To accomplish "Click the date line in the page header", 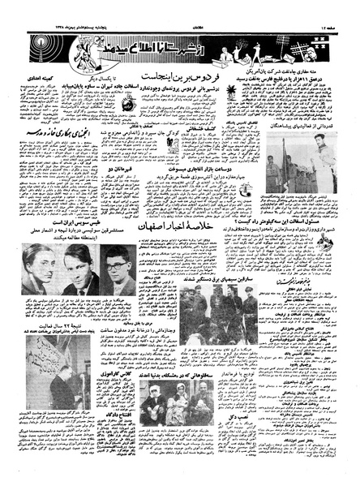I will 58,9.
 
